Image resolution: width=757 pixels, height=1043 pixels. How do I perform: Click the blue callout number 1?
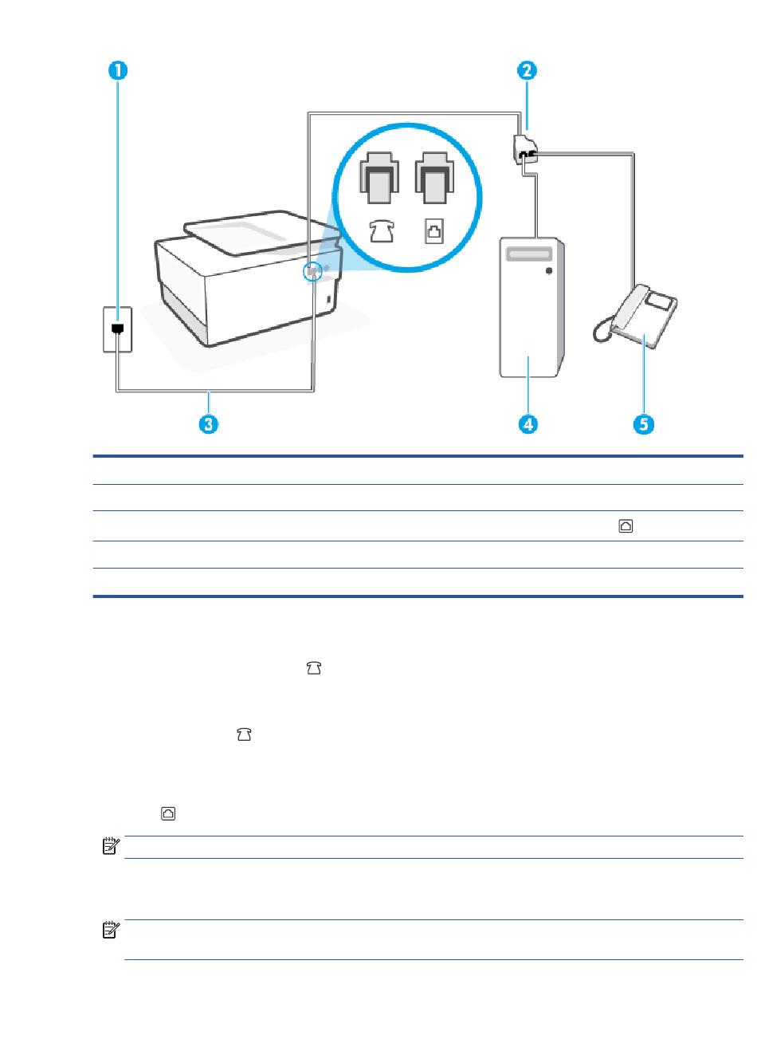click(118, 70)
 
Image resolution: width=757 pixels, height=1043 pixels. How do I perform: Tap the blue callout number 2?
click(527, 70)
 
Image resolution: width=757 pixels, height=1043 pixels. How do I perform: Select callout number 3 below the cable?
click(209, 423)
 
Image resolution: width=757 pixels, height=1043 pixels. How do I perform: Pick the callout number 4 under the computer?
click(528, 423)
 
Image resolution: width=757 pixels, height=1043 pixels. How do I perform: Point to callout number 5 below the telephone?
click(644, 423)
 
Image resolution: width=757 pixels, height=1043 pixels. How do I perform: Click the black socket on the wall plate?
click(118, 329)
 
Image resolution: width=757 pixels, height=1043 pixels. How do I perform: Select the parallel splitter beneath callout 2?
click(525, 149)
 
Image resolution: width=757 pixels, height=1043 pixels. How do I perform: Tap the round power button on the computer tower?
click(549, 270)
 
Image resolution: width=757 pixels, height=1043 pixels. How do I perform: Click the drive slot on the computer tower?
click(529, 254)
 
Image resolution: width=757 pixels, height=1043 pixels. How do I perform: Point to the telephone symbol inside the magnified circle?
click(382, 231)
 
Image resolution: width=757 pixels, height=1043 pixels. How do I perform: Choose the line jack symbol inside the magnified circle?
click(434, 231)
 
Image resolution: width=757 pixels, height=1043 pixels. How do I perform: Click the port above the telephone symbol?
click(379, 178)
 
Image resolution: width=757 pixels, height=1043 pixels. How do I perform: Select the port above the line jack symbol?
click(434, 178)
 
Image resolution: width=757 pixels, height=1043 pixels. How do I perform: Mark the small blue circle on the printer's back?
click(312, 271)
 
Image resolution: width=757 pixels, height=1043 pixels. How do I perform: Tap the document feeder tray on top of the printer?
click(261, 233)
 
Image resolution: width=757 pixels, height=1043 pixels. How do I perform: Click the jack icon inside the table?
click(626, 525)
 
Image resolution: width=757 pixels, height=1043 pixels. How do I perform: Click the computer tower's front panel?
click(528, 307)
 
